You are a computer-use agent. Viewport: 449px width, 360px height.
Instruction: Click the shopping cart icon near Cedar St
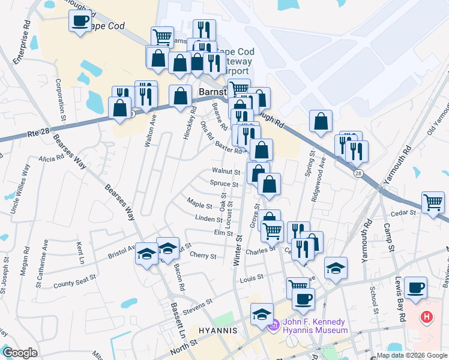[432, 202]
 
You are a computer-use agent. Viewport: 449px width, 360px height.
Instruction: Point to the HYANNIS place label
[214, 331]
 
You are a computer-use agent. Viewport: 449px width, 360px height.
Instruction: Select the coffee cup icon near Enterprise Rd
[79, 21]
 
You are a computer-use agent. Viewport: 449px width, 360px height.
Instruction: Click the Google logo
[20, 353]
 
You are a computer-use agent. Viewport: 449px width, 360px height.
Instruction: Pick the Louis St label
[252, 278]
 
